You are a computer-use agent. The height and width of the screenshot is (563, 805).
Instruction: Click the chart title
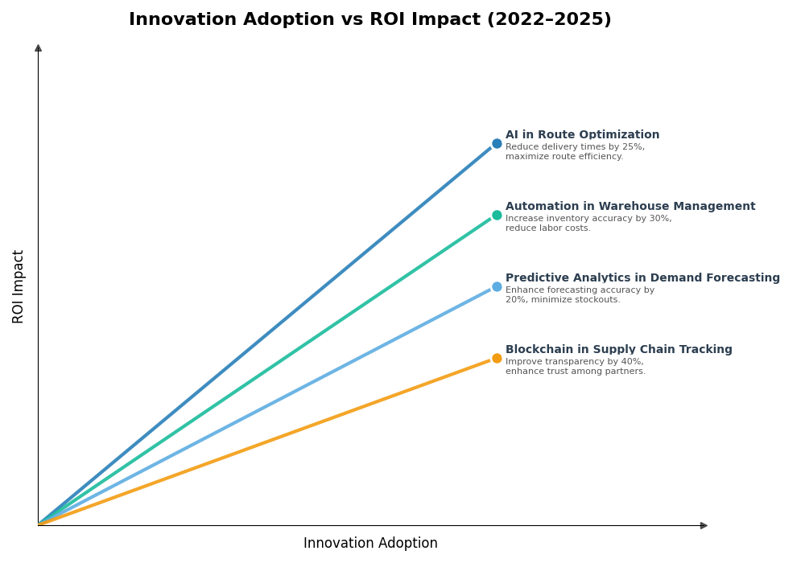[369, 20]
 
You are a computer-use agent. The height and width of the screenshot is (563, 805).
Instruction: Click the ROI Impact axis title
[19, 286]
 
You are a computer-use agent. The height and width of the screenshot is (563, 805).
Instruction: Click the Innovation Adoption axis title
[370, 544]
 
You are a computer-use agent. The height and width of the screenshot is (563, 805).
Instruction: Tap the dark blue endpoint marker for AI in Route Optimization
[497, 144]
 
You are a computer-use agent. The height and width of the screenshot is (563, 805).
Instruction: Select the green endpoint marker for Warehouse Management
[497, 216]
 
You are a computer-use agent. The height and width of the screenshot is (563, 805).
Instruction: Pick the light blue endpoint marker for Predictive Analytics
[497, 287]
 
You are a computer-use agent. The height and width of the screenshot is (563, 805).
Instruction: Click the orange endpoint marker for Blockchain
[497, 359]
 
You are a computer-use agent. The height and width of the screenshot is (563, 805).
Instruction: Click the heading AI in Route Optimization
[582, 135]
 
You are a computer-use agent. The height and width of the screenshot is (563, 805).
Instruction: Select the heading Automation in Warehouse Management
[630, 207]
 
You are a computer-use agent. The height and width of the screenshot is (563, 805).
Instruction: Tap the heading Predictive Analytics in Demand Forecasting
[642, 278]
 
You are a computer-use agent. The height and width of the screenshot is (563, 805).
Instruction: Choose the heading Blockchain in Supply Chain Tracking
[619, 350]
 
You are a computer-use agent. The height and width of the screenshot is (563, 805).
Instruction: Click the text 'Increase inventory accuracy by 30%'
[588, 219]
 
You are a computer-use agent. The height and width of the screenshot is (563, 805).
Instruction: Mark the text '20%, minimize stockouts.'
[563, 300]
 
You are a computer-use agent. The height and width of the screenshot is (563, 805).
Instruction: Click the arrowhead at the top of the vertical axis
[38, 48]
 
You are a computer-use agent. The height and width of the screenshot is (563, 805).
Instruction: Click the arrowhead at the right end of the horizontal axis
[704, 525]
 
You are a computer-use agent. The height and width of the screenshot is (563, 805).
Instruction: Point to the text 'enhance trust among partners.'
[576, 372]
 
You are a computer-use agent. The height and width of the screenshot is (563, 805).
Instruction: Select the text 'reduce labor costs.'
[548, 228]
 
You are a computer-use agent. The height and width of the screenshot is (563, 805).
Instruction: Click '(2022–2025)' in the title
[548, 20]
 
